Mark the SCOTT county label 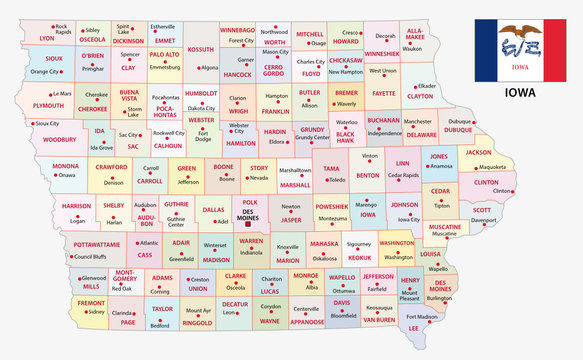482,210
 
